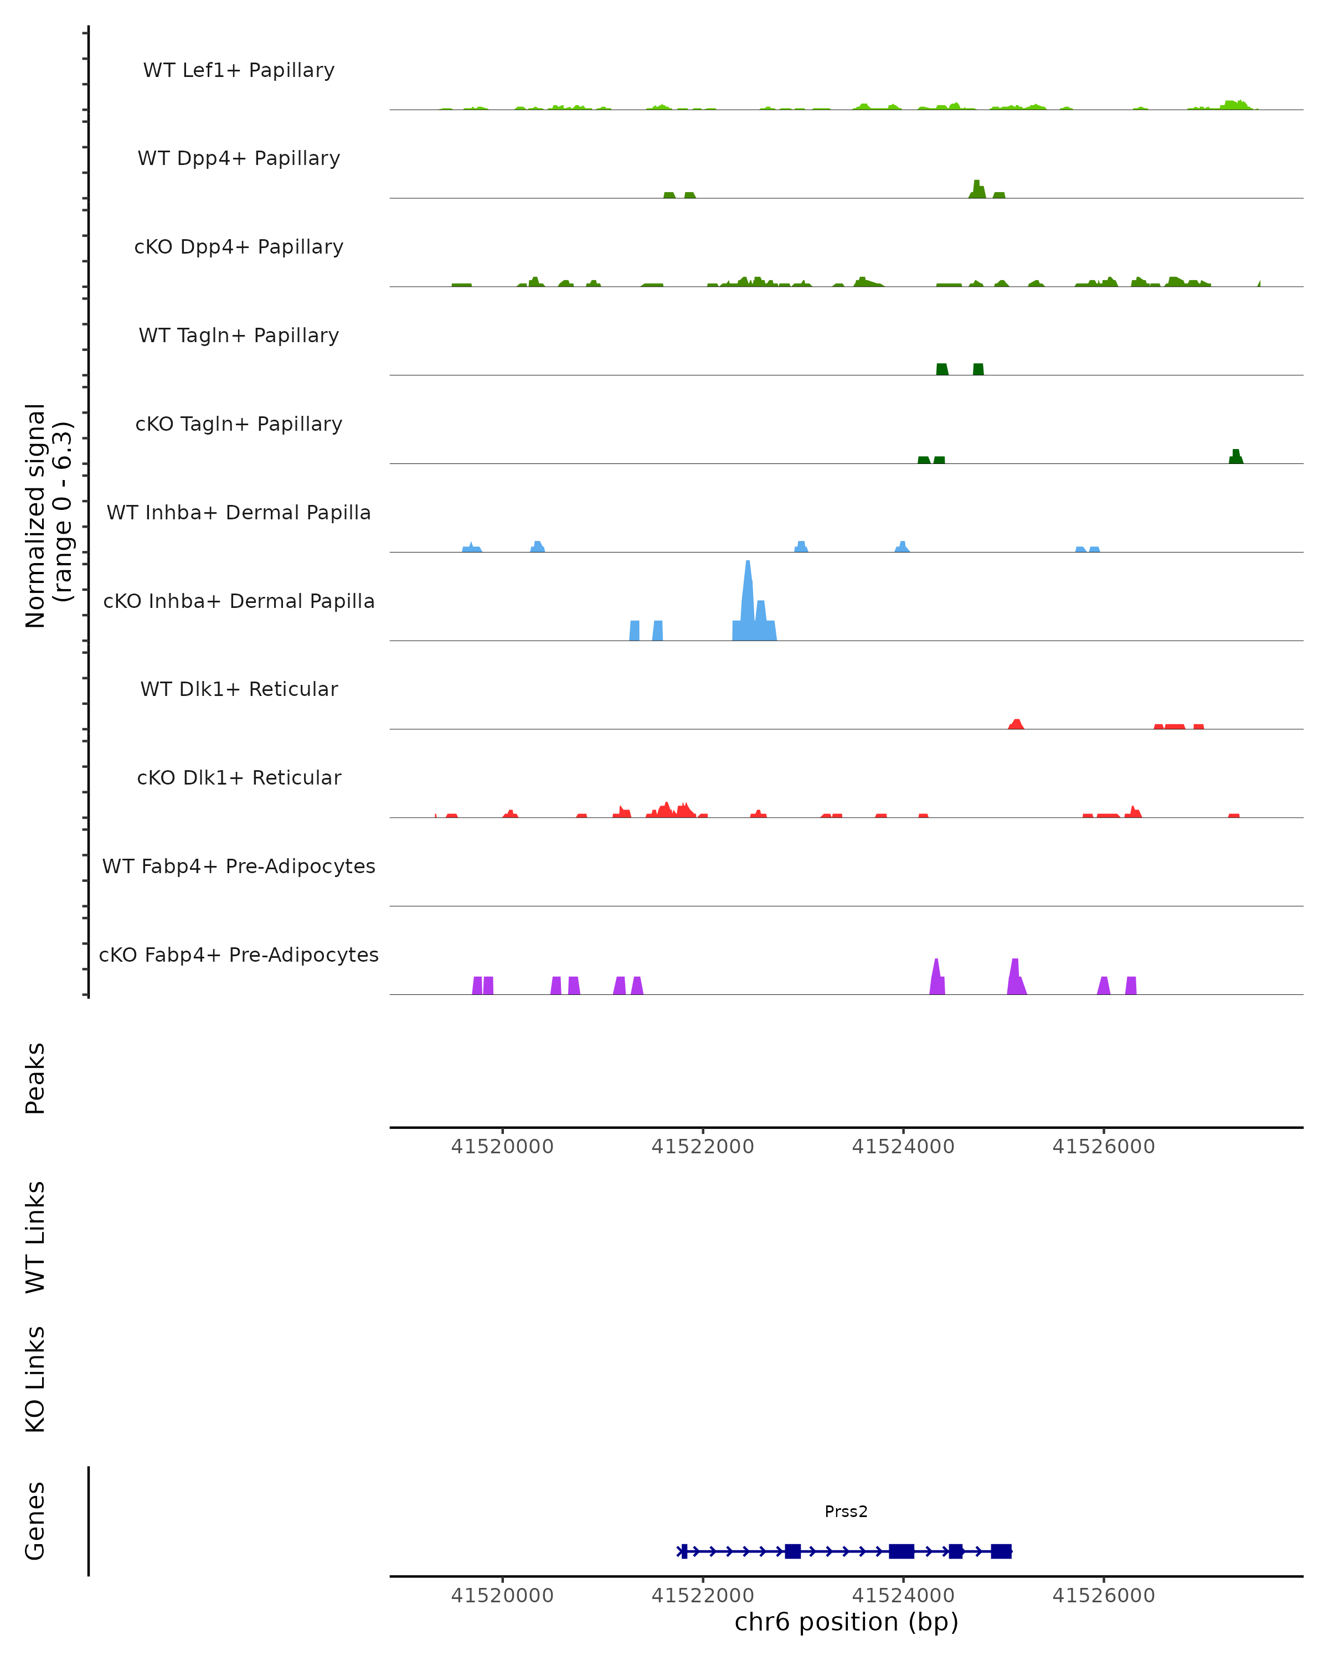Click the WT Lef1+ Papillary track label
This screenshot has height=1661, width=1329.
tap(239, 70)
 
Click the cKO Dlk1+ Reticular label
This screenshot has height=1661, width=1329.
tap(239, 777)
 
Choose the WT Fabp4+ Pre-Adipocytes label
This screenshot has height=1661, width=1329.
tap(239, 866)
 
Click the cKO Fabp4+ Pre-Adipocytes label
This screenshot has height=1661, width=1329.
tap(239, 955)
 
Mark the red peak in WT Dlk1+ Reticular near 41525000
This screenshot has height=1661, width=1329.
tap(1016, 724)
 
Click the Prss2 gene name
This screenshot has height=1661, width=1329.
tap(846, 1512)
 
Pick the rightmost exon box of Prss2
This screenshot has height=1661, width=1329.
tap(1001, 1551)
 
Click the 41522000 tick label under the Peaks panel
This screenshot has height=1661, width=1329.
tap(703, 1147)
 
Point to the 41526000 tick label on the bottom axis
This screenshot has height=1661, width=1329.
tap(1103, 1596)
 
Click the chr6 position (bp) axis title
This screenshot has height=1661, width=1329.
tap(846, 1622)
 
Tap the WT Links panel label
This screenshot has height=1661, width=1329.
tap(35, 1236)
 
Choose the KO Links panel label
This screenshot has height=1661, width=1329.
tap(35, 1379)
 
